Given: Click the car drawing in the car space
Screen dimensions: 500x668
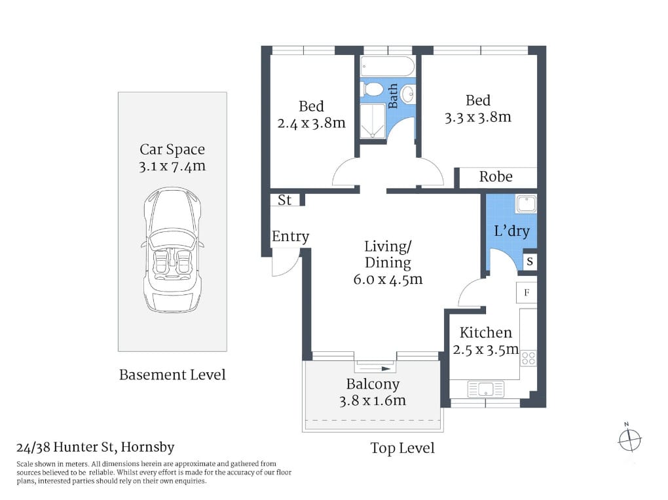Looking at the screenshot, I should click(x=172, y=250).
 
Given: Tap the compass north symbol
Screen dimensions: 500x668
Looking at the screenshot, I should click(x=629, y=439).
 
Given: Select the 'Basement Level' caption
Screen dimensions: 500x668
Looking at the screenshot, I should click(x=172, y=375).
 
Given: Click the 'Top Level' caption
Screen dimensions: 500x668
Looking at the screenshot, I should click(x=402, y=448).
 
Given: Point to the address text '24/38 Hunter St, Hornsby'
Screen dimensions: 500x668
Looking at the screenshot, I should click(x=96, y=448).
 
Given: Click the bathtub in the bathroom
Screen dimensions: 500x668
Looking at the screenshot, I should click(x=387, y=67).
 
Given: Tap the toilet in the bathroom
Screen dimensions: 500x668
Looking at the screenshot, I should click(x=374, y=90).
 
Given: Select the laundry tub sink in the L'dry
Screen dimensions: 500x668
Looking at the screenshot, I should click(x=526, y=204).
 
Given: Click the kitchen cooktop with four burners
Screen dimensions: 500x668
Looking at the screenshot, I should click(x=528, y=358).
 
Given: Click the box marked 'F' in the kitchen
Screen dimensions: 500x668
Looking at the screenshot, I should click(x=527, y=292).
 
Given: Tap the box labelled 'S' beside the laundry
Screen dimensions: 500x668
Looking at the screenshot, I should click(x=530, y=261).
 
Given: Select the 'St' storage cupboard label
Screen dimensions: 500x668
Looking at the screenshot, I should click(x=285, y=200).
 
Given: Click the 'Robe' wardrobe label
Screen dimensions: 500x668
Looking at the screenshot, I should click(x=496, y=177).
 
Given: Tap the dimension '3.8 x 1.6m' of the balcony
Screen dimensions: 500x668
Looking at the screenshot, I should click(x=373, y=400).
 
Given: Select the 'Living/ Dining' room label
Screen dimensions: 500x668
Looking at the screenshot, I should click(x=387, y=255).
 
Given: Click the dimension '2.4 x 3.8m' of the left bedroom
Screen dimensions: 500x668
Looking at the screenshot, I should click(x=311, y=123).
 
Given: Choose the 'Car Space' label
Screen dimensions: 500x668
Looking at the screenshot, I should click(x=172, y=149).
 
